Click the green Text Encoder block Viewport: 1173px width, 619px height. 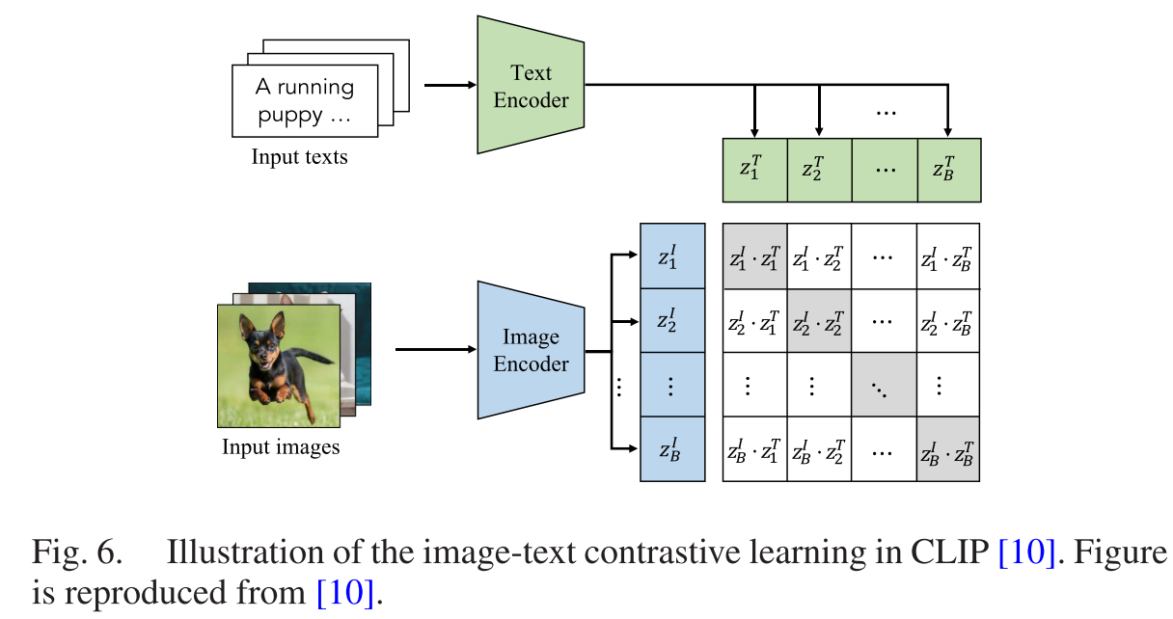point(531,85)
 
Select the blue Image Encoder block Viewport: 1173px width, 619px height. point(531,351)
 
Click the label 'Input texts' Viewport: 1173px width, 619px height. point(299,156)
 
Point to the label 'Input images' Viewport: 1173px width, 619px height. point(281,447)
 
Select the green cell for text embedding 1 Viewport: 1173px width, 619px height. point(755,170)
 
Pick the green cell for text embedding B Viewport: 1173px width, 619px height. point(948,170)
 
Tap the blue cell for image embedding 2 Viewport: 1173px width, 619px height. point(672,320)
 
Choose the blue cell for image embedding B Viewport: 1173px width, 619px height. point(672,449)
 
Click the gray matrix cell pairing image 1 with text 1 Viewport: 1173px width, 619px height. point(755,256)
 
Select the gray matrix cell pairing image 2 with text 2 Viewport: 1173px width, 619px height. point(819,320)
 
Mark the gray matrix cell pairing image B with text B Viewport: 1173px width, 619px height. point(948,449)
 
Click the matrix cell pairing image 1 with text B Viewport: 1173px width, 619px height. point(948,256)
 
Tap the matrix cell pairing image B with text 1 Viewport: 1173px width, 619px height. point(755,449)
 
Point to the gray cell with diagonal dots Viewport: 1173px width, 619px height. point(884,385)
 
